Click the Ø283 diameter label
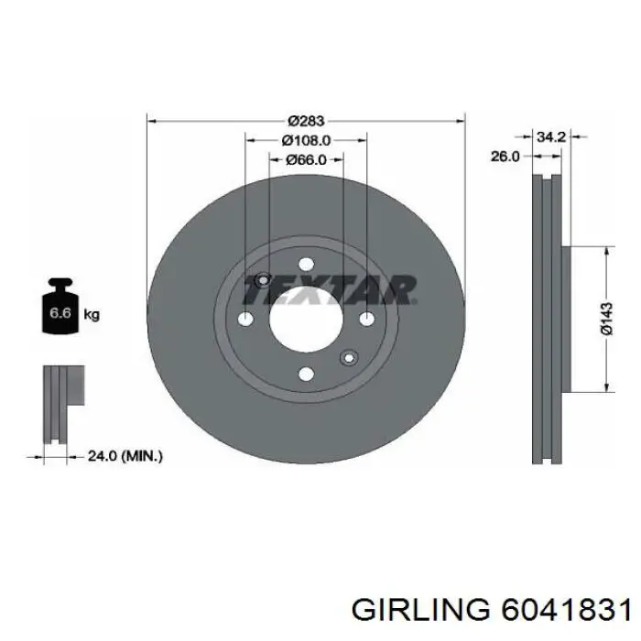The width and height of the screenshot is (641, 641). point(307,120)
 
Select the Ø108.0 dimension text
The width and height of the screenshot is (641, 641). point(306,140)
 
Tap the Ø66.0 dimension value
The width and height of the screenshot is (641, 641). point(307,160)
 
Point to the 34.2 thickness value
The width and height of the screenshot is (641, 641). point(549,136)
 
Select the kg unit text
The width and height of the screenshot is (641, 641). point(92,314)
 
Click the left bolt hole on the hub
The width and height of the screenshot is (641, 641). point(245,319)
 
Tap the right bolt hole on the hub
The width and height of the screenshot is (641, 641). point(367,319)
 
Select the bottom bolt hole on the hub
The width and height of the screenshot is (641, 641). point(307,374)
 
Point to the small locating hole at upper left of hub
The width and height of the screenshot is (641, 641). point(264,280)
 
